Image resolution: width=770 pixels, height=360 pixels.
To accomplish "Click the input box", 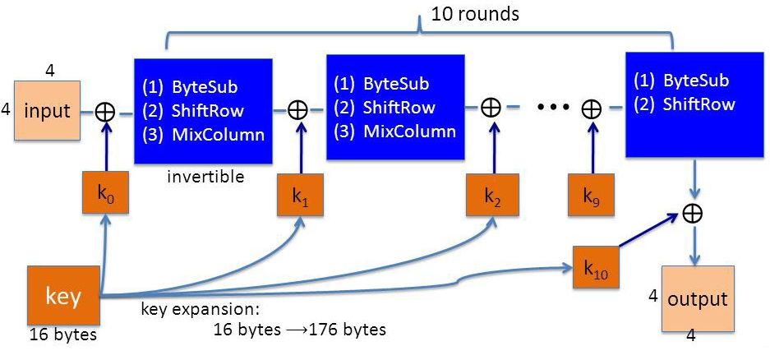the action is click(47, 111).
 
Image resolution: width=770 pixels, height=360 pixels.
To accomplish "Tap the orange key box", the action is click(63, 297).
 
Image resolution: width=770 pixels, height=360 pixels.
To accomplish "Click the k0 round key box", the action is click(105, 192).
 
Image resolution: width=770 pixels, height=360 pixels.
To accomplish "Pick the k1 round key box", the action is click(300, 195).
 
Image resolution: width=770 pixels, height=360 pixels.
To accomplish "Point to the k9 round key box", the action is click(591, 195).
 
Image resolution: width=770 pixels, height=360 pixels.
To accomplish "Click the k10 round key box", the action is click(596, 267).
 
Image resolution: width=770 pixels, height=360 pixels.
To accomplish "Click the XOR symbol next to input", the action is click(105, 112).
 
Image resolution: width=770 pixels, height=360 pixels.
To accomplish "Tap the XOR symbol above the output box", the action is click(693, 213).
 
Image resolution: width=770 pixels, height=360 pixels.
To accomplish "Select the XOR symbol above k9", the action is click(592, 109).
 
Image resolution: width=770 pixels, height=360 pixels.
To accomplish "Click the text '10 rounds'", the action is click(475, 13).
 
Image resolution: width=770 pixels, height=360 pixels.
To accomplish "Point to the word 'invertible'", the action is click(205, 176).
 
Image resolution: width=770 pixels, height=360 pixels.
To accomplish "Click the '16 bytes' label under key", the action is click(62, 336).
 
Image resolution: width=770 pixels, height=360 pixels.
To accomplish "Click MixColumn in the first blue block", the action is click(218, 135).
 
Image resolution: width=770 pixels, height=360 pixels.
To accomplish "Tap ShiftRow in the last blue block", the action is click(699, 104).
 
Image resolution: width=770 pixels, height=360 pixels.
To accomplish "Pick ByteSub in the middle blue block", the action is click(396, 84).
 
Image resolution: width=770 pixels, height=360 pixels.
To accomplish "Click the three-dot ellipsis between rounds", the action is click(553, 106).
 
